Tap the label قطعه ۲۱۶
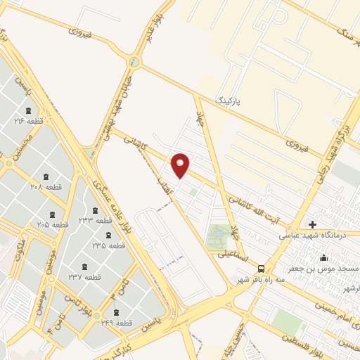(x=29, y=121)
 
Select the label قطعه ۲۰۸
(x=46, y=186)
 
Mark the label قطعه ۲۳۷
(x=85, y=276)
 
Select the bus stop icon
(x=262, y=269)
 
